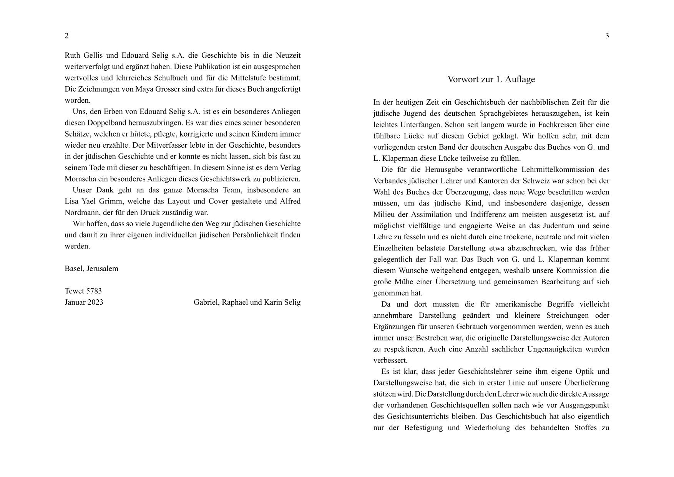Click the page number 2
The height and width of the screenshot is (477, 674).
(66, 36)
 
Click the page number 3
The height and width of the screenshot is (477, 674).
(607, 36)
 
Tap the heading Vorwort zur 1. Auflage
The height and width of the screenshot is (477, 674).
(491, 79)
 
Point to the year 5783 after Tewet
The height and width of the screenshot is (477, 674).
(94, 291)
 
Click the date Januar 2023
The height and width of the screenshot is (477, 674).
(84, 302)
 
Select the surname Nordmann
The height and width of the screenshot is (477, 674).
(82, 212)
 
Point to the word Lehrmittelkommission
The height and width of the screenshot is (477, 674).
(554, 170)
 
